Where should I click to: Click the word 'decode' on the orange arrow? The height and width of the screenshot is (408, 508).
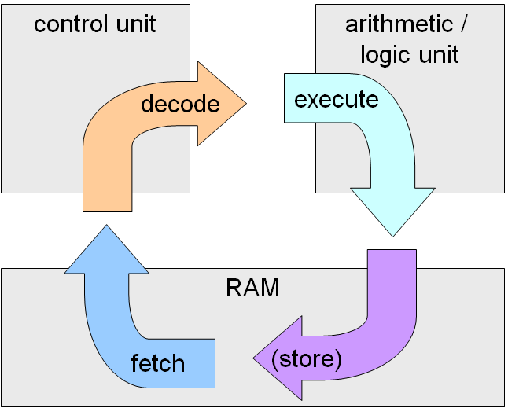pyautogui.click(x=180, y=105)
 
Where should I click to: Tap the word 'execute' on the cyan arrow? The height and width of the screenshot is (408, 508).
pyautogui.click(x=336, y=100)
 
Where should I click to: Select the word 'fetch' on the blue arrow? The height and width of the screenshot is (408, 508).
pyautogui.click(x=157, y=363)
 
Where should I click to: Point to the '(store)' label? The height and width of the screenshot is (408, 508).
pyautogui.click(x=306, y=358)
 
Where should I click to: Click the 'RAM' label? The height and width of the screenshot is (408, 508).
pyautogui.click(x=252, y=288)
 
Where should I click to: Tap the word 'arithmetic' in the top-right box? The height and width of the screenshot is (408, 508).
pyautogui.click(x=399, y=24)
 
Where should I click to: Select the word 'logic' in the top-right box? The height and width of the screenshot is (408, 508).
pyautogui.click(x=386, y=55)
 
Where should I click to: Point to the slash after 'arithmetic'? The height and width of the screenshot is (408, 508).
pyautogui.click(x=464, y=24)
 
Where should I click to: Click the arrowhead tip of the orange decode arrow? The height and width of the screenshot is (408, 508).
pyautogui.click(x=245, y=104)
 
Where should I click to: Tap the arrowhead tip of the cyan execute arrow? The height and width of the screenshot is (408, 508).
pyautogui.click(x=392, y=235)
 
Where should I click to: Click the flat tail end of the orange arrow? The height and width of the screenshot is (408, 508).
pyautogui.click(x=107, y=210)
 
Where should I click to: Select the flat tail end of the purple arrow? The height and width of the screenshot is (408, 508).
pyautogui.click(x=392, y=251)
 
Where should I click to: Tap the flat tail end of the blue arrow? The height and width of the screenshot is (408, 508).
pyautogui.click(x=214, y=363)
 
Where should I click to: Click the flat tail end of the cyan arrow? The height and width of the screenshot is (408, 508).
pyautogui.click(x=285, y=99)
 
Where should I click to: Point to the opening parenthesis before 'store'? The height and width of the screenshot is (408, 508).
pyautogui.click(x=275, y=359)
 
